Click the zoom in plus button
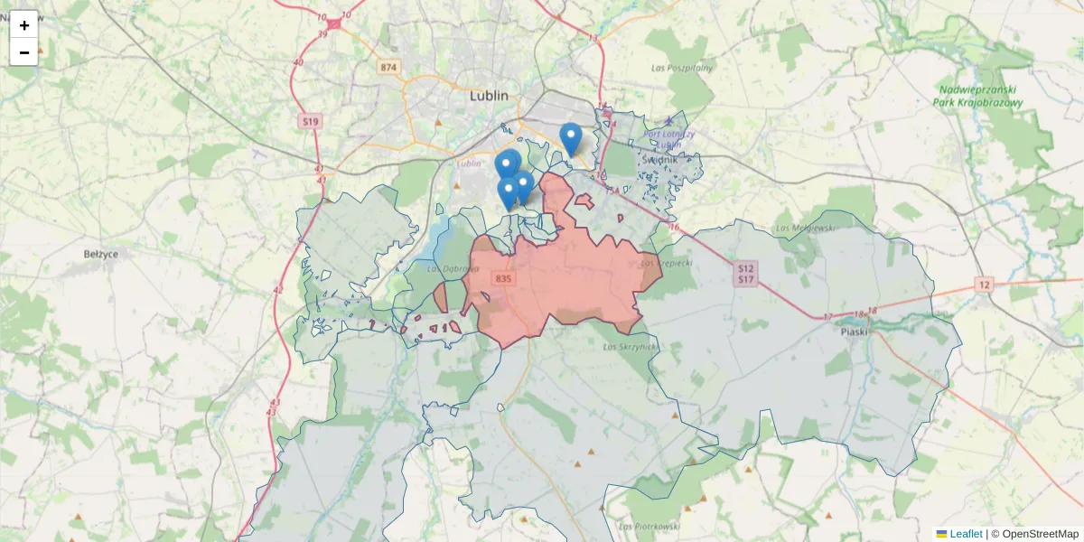24,25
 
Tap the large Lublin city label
489,96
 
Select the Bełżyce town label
100,255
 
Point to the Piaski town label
853,332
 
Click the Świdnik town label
659,159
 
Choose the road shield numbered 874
388,68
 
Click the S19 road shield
311,120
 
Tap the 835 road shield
503,278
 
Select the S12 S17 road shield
745,274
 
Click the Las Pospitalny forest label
682,68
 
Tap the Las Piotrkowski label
649,526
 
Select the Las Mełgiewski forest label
807,228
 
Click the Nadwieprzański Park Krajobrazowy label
977,96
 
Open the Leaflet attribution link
966,534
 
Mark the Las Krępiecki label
666,263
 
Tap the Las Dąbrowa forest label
446,268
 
